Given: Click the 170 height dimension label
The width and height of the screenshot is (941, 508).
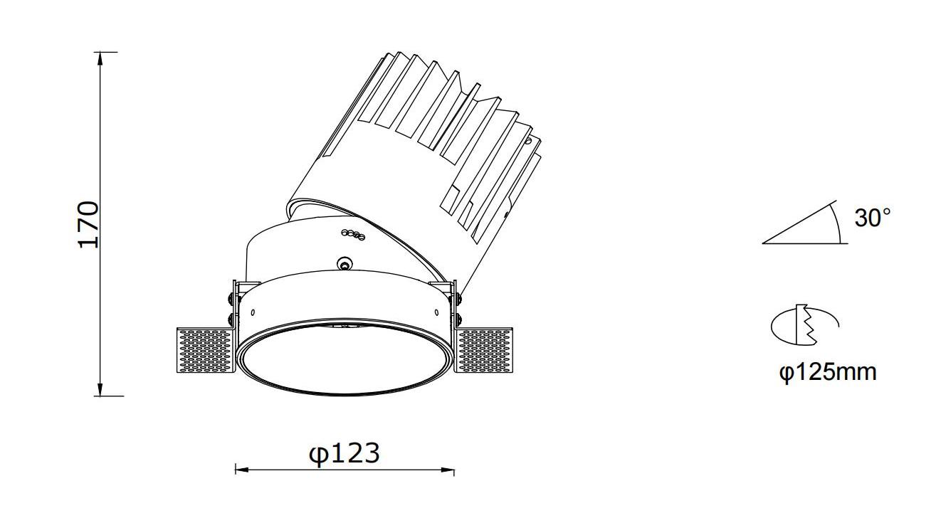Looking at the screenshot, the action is point(89,225).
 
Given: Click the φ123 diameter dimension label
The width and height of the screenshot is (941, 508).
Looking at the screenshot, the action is point(345,454).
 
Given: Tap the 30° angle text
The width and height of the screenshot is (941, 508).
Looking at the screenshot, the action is point(873,218).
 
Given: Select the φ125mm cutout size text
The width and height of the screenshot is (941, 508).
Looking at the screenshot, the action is point(828,372).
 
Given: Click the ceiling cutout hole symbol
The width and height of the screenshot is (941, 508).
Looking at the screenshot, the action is point(804,325).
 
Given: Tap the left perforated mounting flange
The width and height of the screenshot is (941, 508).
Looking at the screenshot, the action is point(206,350).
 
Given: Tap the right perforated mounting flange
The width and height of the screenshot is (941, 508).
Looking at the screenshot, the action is point(484,349).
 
